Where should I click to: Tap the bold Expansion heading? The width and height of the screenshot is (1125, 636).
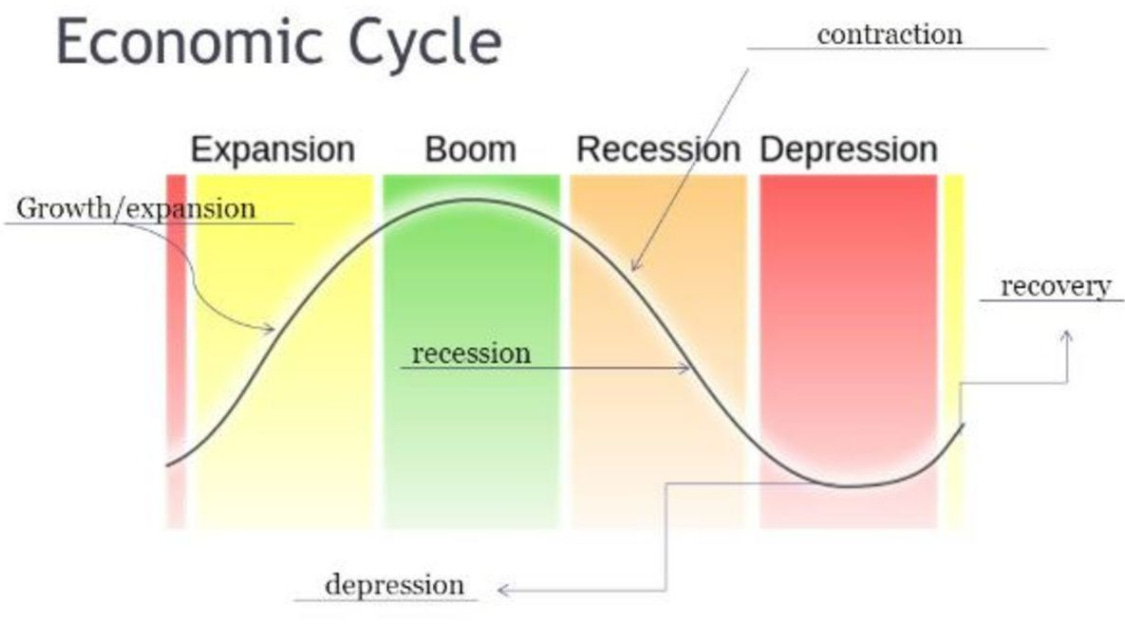click(x=272, y=150)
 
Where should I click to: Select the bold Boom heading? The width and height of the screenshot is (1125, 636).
click(x=470, y=150)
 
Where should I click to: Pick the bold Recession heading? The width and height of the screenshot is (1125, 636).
click(x=658, y=150)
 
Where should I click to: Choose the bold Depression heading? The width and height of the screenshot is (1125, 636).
click(x=848, y=150)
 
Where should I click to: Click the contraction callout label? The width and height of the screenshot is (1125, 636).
click(x=889, y=35)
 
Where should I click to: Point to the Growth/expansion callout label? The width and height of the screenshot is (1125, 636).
click(x=137, y=209)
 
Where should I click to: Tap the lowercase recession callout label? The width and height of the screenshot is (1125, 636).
click(x=471, y=353)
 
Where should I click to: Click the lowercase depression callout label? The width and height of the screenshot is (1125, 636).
click(x=395, y=584)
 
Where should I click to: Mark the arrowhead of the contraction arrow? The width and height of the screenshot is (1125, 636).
click(x=634, y=268)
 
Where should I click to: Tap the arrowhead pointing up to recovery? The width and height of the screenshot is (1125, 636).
click(x=1066, y=337)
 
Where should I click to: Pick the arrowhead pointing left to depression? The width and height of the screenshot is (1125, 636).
click(x=503, y=590)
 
